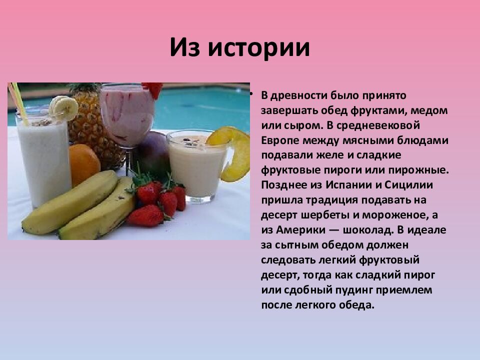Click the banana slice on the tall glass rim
pos(64,106)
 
